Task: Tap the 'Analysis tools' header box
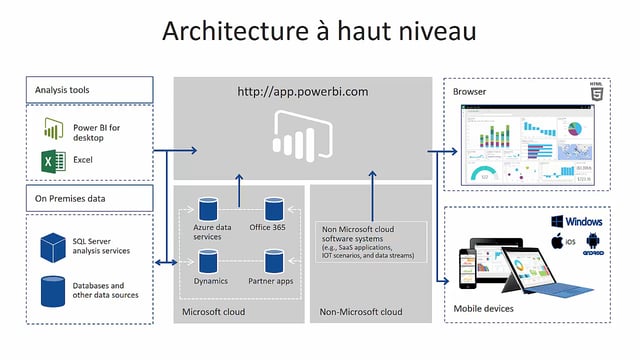89,90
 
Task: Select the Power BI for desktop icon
53,131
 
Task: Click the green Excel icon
53,161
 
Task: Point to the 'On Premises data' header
89,198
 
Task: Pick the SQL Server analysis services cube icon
53,245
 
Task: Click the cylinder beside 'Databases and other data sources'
53,291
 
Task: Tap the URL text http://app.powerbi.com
302,92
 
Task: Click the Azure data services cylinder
207,209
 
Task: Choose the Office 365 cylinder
274,209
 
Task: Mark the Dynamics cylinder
207,262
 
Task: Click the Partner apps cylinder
274,262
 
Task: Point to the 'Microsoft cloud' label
213,312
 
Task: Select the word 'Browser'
470,92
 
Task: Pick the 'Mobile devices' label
483,308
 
